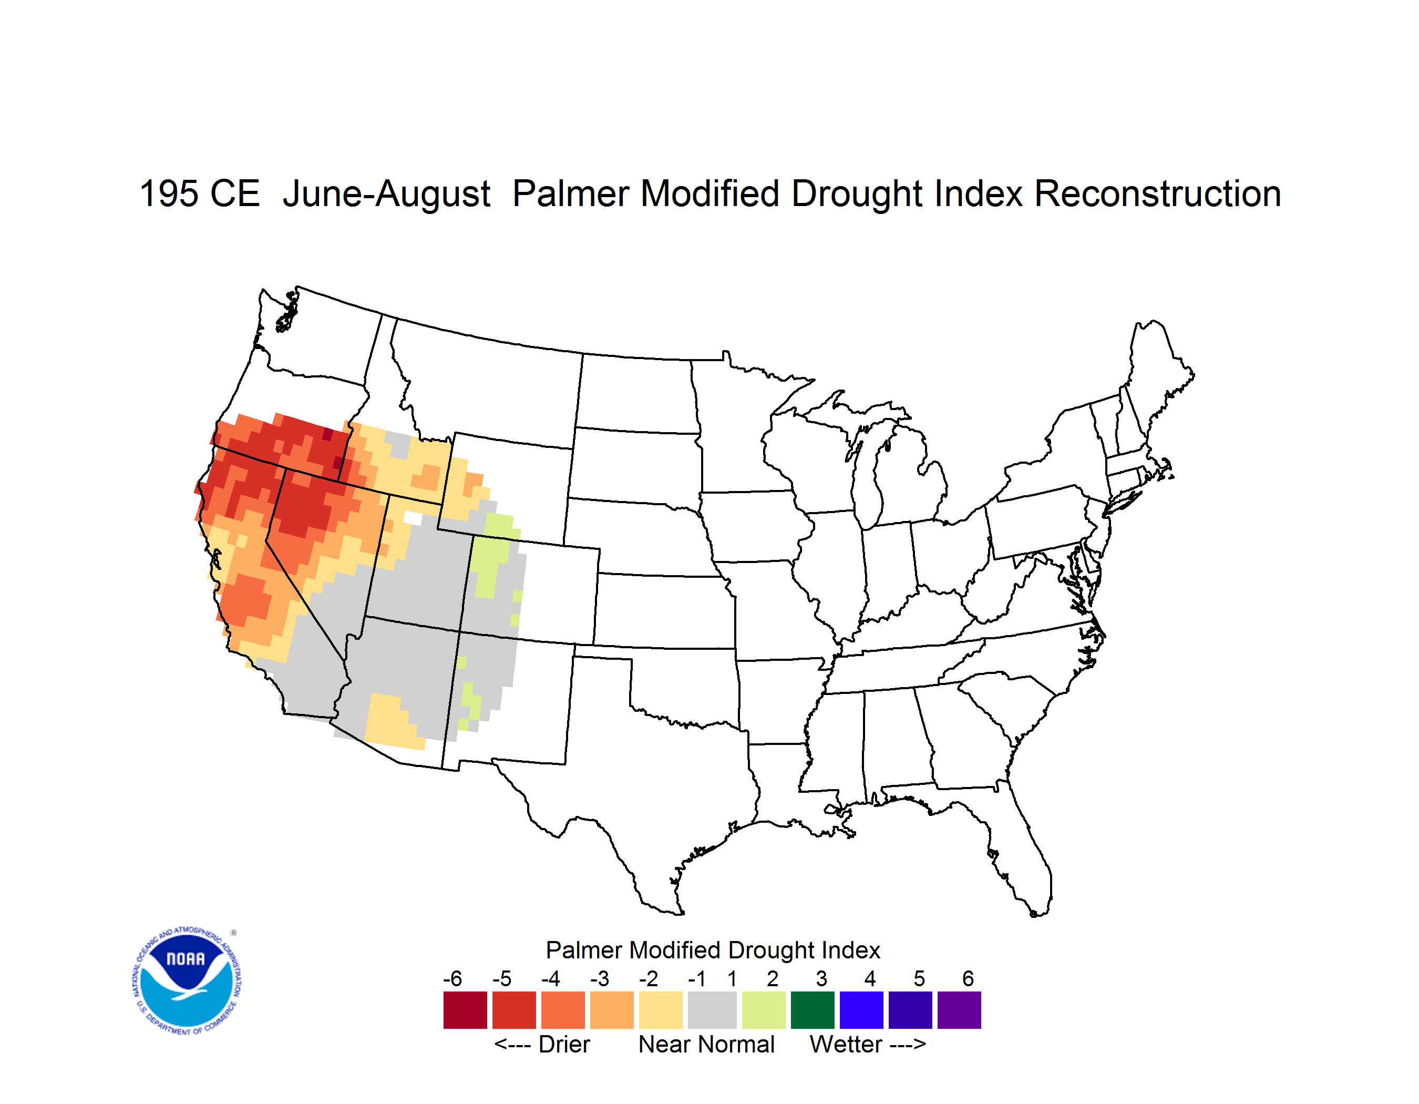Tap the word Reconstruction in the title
[x=1157, y=193]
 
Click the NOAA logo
[x=187, y=981]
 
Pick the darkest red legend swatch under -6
[x=465, y=1010]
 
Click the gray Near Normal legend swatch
[x=712, y=1010]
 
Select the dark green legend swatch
[x=812, y=1010]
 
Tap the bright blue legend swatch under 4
[x=861, y=1010]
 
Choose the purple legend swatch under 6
[x=959, y=1010]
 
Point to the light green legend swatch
[x=764, y=1010]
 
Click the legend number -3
[x=600, y=978]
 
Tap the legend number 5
[x=919, y=978]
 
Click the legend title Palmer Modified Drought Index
[x=713, y=950]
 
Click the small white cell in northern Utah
[x=413, y=518]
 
